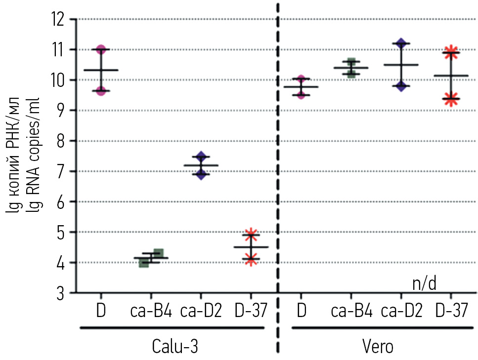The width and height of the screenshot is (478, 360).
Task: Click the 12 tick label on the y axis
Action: (x=58, y=20)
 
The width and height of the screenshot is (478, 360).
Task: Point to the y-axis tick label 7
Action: (x=60, y=171)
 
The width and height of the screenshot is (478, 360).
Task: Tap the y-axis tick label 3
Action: (x=60, y=293)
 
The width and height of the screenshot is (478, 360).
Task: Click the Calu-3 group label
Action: (x=170, y=346)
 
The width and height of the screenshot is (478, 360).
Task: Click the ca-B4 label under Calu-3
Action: (x=151, y=311)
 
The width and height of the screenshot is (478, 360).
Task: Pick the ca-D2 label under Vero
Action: (x=401, y=311)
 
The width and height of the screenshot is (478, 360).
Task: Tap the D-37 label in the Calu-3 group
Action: (x=251, y=311)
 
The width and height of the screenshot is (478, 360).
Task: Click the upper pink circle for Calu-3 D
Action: (x=101, y=50)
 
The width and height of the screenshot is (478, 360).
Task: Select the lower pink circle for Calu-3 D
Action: (x=101, y=90)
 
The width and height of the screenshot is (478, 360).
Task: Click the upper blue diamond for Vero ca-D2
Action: (x=401, y=43)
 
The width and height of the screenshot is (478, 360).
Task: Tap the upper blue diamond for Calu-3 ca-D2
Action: (x=201, y=158)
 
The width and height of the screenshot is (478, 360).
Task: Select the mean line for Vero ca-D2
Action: (x=401, y=65)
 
